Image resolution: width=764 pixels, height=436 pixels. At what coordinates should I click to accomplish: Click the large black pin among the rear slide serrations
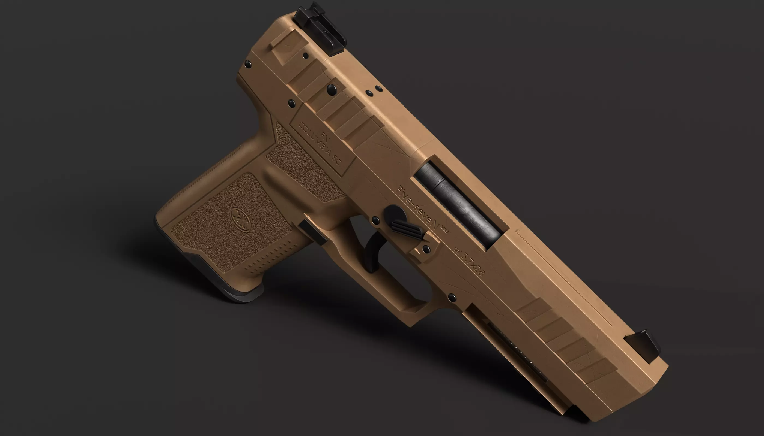332,89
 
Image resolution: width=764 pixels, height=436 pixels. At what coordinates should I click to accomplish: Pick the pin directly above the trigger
375,221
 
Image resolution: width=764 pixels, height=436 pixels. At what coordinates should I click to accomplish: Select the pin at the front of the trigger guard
452,297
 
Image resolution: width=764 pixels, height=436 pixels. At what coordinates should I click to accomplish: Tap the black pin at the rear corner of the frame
248,63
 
